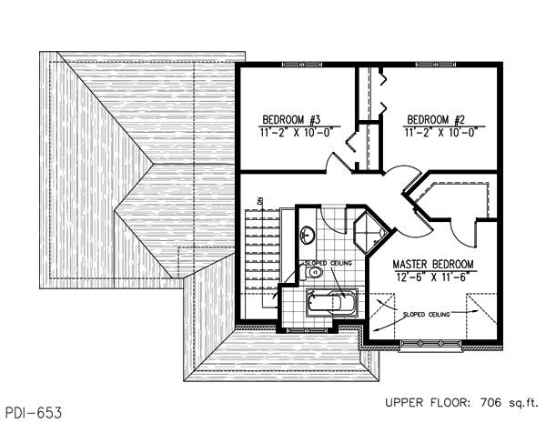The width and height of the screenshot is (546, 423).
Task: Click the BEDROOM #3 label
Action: coord(288,119)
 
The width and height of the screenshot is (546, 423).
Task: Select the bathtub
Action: coord(334,301)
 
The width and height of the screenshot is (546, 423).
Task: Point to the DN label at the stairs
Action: coord(259,201)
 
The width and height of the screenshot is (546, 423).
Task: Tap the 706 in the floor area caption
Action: coord(485,400)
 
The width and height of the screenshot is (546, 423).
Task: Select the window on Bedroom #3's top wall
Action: coord(300,64)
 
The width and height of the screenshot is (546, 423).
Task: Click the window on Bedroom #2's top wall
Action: coord(437,64)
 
